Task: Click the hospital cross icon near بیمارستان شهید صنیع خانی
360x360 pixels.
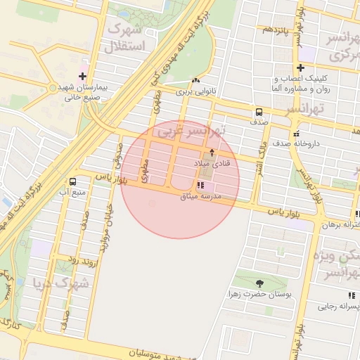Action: tap(83, 75)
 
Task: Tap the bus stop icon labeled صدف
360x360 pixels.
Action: tap(259, 112)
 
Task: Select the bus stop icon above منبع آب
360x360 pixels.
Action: tap(73, 182)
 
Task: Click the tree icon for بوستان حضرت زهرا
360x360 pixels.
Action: tap(260, 283)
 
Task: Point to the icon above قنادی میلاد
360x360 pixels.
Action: tap(212, 153)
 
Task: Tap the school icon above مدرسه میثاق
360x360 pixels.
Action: tap(201, 186)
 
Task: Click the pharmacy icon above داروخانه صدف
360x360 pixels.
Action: tap(295, 133)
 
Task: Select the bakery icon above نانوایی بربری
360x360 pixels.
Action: tap(195, 81)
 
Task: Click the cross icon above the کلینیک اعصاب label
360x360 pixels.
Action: tap(300, 68)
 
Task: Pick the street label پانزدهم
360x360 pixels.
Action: tap(276, 30)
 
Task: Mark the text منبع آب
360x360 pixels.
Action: tap(72, 192)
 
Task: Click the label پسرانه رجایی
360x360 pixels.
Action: tap(337, 306)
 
